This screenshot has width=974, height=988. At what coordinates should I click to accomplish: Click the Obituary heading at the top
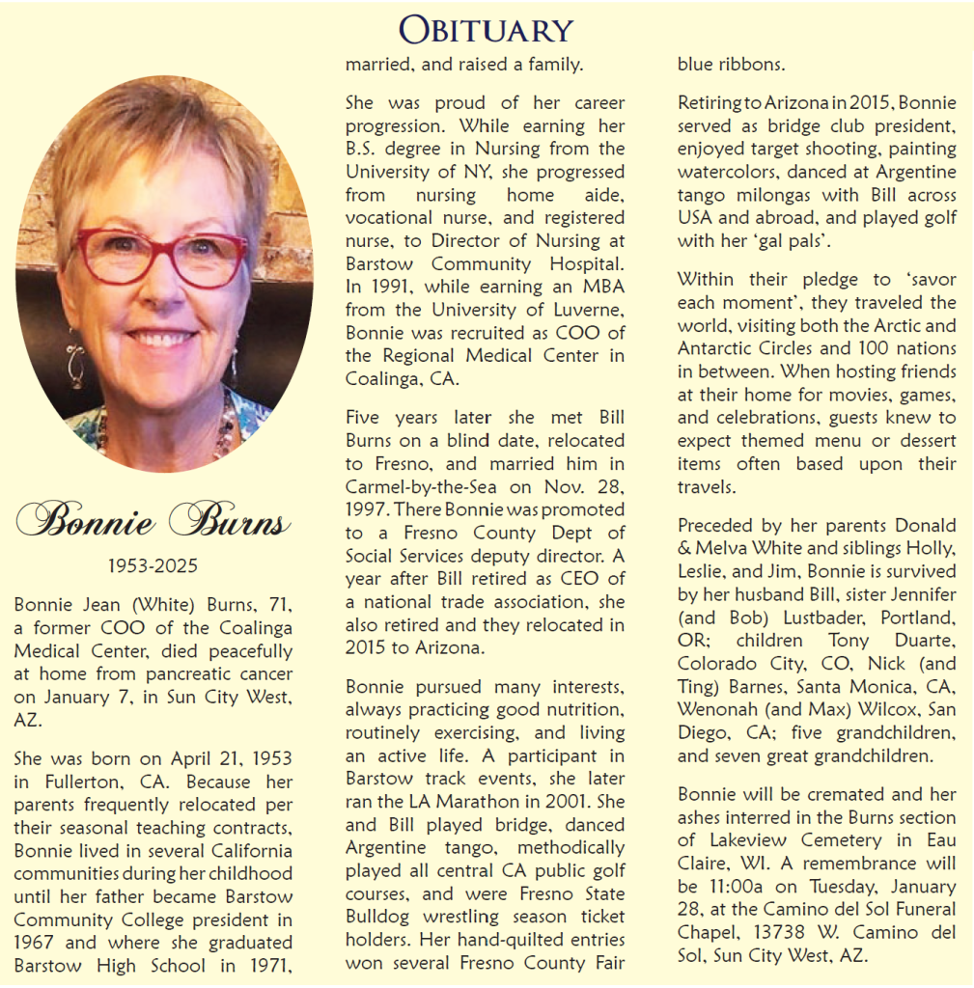tap(487, 29)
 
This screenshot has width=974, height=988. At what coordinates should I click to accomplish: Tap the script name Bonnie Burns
tap(153, 521)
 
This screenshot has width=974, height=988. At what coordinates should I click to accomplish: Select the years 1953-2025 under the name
tap(153, 565)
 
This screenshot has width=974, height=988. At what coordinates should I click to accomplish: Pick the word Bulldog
tap(382, 917)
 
